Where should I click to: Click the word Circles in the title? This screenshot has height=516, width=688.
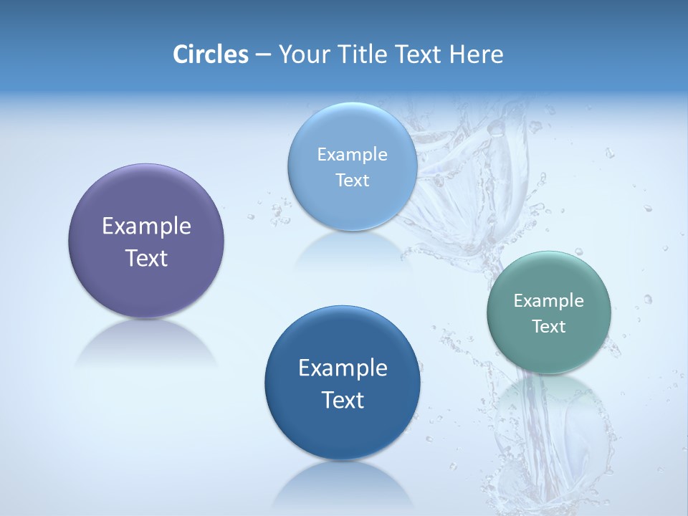pos(210,54)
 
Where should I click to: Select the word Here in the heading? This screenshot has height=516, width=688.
pos(475,54)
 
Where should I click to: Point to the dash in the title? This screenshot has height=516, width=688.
pos(263,55)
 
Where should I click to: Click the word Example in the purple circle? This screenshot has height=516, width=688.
pos(146,226)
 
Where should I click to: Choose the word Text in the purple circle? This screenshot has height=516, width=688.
pos(146,258)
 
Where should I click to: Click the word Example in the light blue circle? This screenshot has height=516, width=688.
pos(352,154)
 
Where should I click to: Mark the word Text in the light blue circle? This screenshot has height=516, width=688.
pos(352,180)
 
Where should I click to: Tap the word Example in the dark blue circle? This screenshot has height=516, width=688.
pos(343,368)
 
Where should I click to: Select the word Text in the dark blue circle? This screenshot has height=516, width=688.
pos(343,400)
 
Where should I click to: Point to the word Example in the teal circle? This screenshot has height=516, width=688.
pos(549,301)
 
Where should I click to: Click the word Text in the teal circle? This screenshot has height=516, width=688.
pos(549,327)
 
